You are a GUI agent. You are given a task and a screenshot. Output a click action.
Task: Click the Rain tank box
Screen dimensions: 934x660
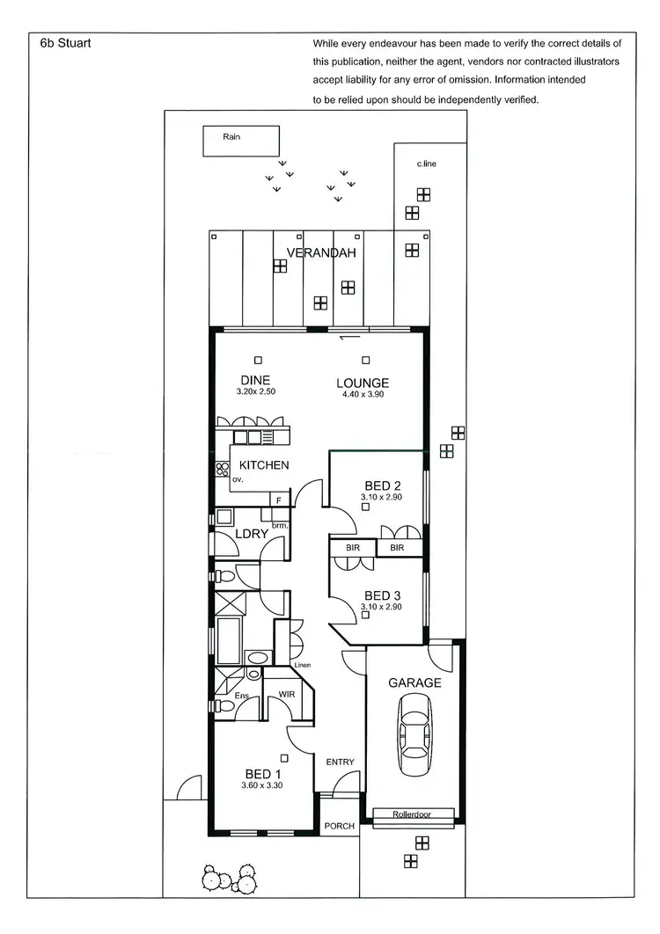click(x=242, y=141)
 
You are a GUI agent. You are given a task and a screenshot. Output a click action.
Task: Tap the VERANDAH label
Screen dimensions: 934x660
click(x=321, y=253)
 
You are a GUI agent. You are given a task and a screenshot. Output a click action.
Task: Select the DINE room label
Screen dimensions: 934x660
click(x=256, y=381)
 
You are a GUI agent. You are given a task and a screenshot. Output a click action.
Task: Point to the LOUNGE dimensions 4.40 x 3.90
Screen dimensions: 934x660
click(x=363, y=394)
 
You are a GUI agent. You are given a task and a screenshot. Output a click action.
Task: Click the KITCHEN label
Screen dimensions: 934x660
click(x=264, y=464)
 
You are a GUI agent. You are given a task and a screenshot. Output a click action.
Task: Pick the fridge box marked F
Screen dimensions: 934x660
click(x=280, y=500)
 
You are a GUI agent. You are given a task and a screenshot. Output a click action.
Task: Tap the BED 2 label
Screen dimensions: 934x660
click(x=383, y=486)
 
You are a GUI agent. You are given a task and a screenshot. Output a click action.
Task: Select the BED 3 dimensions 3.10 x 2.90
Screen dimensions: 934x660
click(x=381, y=607)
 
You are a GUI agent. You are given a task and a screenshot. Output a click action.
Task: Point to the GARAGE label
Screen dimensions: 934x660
click(x=414, y=682)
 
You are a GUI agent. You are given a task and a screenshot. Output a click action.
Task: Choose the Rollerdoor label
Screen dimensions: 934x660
click(x=414, y=815)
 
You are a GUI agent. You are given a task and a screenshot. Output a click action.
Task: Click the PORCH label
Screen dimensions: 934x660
click(x=340, y=826)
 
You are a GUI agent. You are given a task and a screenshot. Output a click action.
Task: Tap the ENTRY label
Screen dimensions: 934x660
click(x=340, y=762)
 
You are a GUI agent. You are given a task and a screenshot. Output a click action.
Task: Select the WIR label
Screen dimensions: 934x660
click(x=287, y=695)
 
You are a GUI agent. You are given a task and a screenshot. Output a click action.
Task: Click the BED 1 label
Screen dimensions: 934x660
click(x=263, y=774)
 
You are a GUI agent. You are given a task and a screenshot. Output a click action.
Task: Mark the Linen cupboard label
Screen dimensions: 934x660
click(x=303, y=666)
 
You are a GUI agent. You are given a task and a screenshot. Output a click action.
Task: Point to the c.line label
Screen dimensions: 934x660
click(x=428, y=164)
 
